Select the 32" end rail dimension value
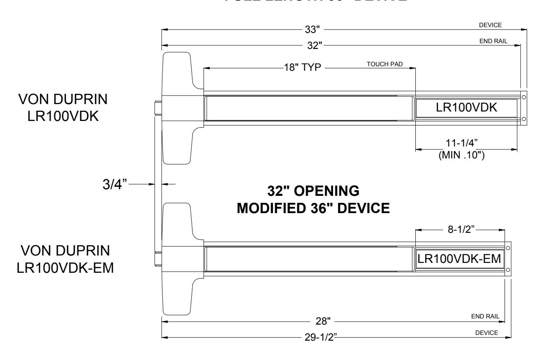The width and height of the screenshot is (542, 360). (315, 45)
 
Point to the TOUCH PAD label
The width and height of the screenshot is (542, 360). (385, 65)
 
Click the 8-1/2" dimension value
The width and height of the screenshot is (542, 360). (461, 229)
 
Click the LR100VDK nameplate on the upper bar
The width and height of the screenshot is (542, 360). (466, 108)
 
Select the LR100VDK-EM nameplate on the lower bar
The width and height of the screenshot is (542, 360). (459, 259)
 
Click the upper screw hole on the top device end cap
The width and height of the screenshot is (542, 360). (523, 97)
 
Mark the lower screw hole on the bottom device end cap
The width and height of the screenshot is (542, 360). (508, 270)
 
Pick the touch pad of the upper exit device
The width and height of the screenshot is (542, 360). (308, 108)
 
